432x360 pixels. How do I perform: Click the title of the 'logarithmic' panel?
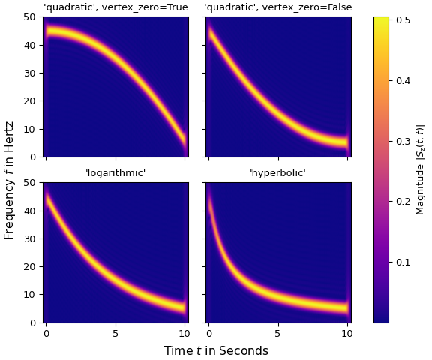coord(115,173)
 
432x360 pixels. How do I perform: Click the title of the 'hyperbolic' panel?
coord(277,173)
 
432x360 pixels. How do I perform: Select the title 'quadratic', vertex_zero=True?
coord(115,7)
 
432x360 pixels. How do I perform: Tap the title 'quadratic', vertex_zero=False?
coord(277,7)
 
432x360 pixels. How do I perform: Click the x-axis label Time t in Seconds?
coord(216,350)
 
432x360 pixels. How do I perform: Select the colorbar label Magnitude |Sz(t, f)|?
coord(421,169)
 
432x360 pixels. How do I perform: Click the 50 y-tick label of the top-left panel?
coord(31,16)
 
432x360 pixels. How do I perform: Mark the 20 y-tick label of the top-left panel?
coord(31,100)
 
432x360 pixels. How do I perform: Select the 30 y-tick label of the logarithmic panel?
coord(31,238)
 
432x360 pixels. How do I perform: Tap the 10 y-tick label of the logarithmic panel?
coord(31,295)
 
